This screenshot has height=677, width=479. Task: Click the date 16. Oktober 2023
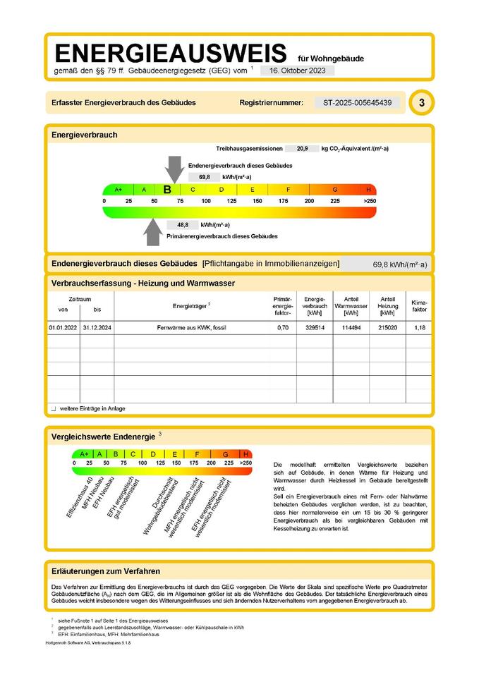coord(297,71)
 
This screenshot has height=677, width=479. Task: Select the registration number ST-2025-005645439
coord(357,103)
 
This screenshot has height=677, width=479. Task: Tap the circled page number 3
coord(421,103)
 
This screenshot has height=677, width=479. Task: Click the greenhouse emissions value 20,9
coord(302,149)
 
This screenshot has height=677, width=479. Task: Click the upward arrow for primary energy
coord(152,231)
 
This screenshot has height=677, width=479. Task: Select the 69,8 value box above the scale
coord(205,177)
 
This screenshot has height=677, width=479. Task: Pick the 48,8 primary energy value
coord(183,224)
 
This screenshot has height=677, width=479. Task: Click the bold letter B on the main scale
coord(167,190)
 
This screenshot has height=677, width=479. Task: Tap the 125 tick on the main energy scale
coord(231,202)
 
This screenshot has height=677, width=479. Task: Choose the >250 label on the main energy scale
coord(369,202)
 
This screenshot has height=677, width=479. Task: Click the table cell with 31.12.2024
coord(97,329)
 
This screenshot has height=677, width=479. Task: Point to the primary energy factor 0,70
coord(283,329)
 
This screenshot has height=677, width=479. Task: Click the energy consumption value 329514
coord(314,329)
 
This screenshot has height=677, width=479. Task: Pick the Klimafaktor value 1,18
coord(419,329)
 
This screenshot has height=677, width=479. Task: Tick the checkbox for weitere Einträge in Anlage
coord(54,408)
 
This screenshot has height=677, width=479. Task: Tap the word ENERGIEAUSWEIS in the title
coord(171,53)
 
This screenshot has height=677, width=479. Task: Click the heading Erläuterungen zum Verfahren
coord(106,571)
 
